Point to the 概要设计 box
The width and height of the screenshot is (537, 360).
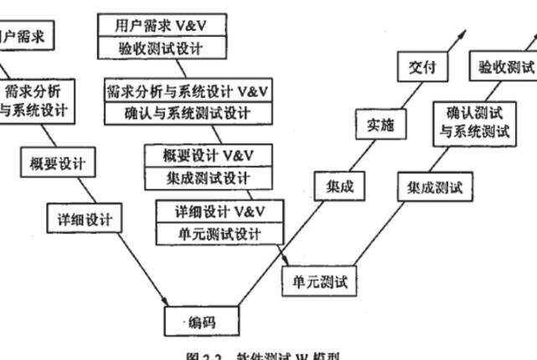58,162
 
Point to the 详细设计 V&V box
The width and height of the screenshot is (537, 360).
220,210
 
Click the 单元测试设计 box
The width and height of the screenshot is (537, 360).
220,233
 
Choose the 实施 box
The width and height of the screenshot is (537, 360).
380,125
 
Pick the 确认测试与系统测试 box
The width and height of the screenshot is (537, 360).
474,122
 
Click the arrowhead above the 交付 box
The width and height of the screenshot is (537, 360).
463,35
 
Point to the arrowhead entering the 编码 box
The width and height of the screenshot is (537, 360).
165,302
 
